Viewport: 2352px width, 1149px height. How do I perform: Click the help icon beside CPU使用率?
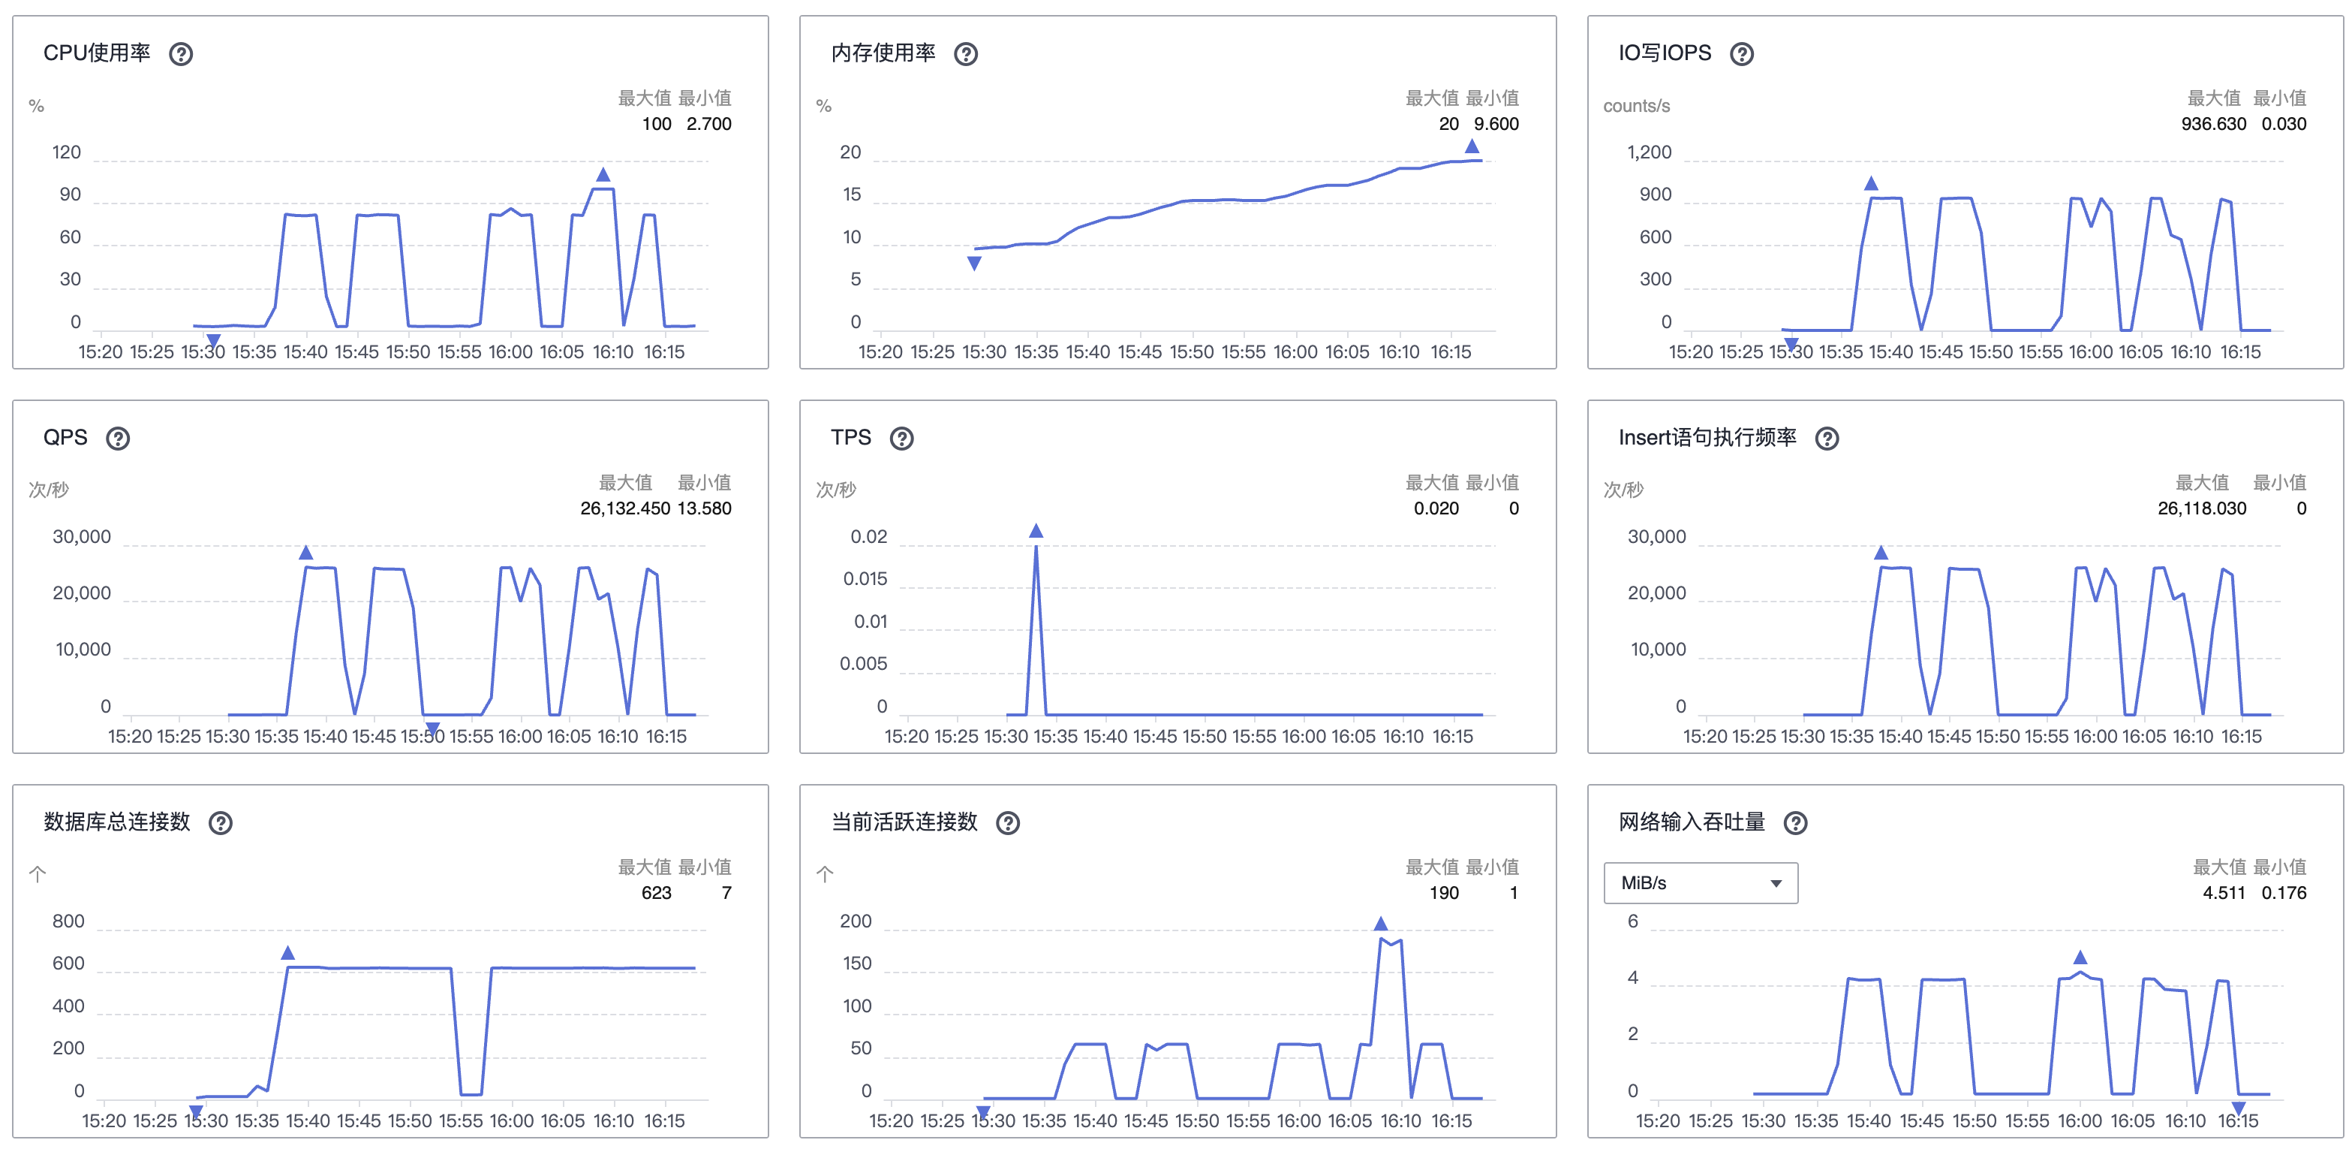[181, 54]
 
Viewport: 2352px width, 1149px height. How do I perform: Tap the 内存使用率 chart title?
[882, 53]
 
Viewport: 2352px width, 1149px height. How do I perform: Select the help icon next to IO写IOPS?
[1741, 54]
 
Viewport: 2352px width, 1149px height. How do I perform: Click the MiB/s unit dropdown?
[1700, 883]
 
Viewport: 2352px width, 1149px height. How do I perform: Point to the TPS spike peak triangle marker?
[1036, 532]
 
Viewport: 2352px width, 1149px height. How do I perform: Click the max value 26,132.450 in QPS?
[624, 508]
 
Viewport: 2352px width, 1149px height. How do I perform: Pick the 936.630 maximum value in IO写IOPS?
[2213, 124]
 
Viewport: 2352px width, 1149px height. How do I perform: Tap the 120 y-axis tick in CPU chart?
[67, 152]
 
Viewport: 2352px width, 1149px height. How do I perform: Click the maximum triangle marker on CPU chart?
[603, 174]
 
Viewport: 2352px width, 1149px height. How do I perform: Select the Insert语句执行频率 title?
[1707, 438]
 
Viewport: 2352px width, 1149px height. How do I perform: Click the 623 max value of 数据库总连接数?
[656, 893]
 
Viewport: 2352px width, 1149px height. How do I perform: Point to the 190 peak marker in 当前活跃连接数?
[1381, 924]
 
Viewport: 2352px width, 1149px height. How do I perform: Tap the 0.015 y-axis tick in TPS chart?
[865, 579]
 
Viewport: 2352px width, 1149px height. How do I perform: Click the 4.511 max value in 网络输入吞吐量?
[2223, 893]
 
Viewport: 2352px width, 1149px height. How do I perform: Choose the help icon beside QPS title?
[118, 439]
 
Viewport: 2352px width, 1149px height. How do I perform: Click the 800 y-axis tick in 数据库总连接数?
[68, 921]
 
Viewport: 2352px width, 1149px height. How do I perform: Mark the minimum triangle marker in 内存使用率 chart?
[974, 264]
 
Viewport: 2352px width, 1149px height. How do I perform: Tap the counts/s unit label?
[1636, 106]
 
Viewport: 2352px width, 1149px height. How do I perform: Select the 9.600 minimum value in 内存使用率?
[1496, 124]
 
